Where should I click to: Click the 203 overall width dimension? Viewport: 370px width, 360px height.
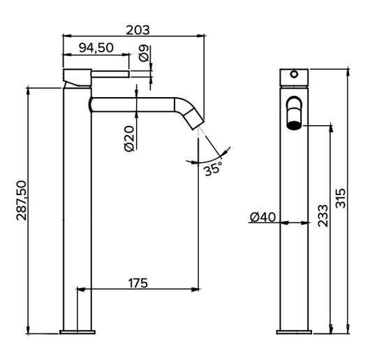point(138,30)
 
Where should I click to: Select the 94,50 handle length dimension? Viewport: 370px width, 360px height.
point(96,48)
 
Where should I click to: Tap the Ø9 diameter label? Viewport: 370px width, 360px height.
point(144,53)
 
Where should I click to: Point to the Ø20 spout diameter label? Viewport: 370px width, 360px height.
point(129,138)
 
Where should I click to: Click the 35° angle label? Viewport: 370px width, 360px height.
point(214,168)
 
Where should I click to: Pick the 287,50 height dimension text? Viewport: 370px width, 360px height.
point(22,201)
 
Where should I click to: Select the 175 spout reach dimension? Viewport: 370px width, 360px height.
point(138,283)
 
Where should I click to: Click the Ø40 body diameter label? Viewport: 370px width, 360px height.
point(263,217)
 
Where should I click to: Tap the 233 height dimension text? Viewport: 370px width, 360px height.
point(323,216)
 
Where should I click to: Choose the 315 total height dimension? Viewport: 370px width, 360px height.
point(341,198)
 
